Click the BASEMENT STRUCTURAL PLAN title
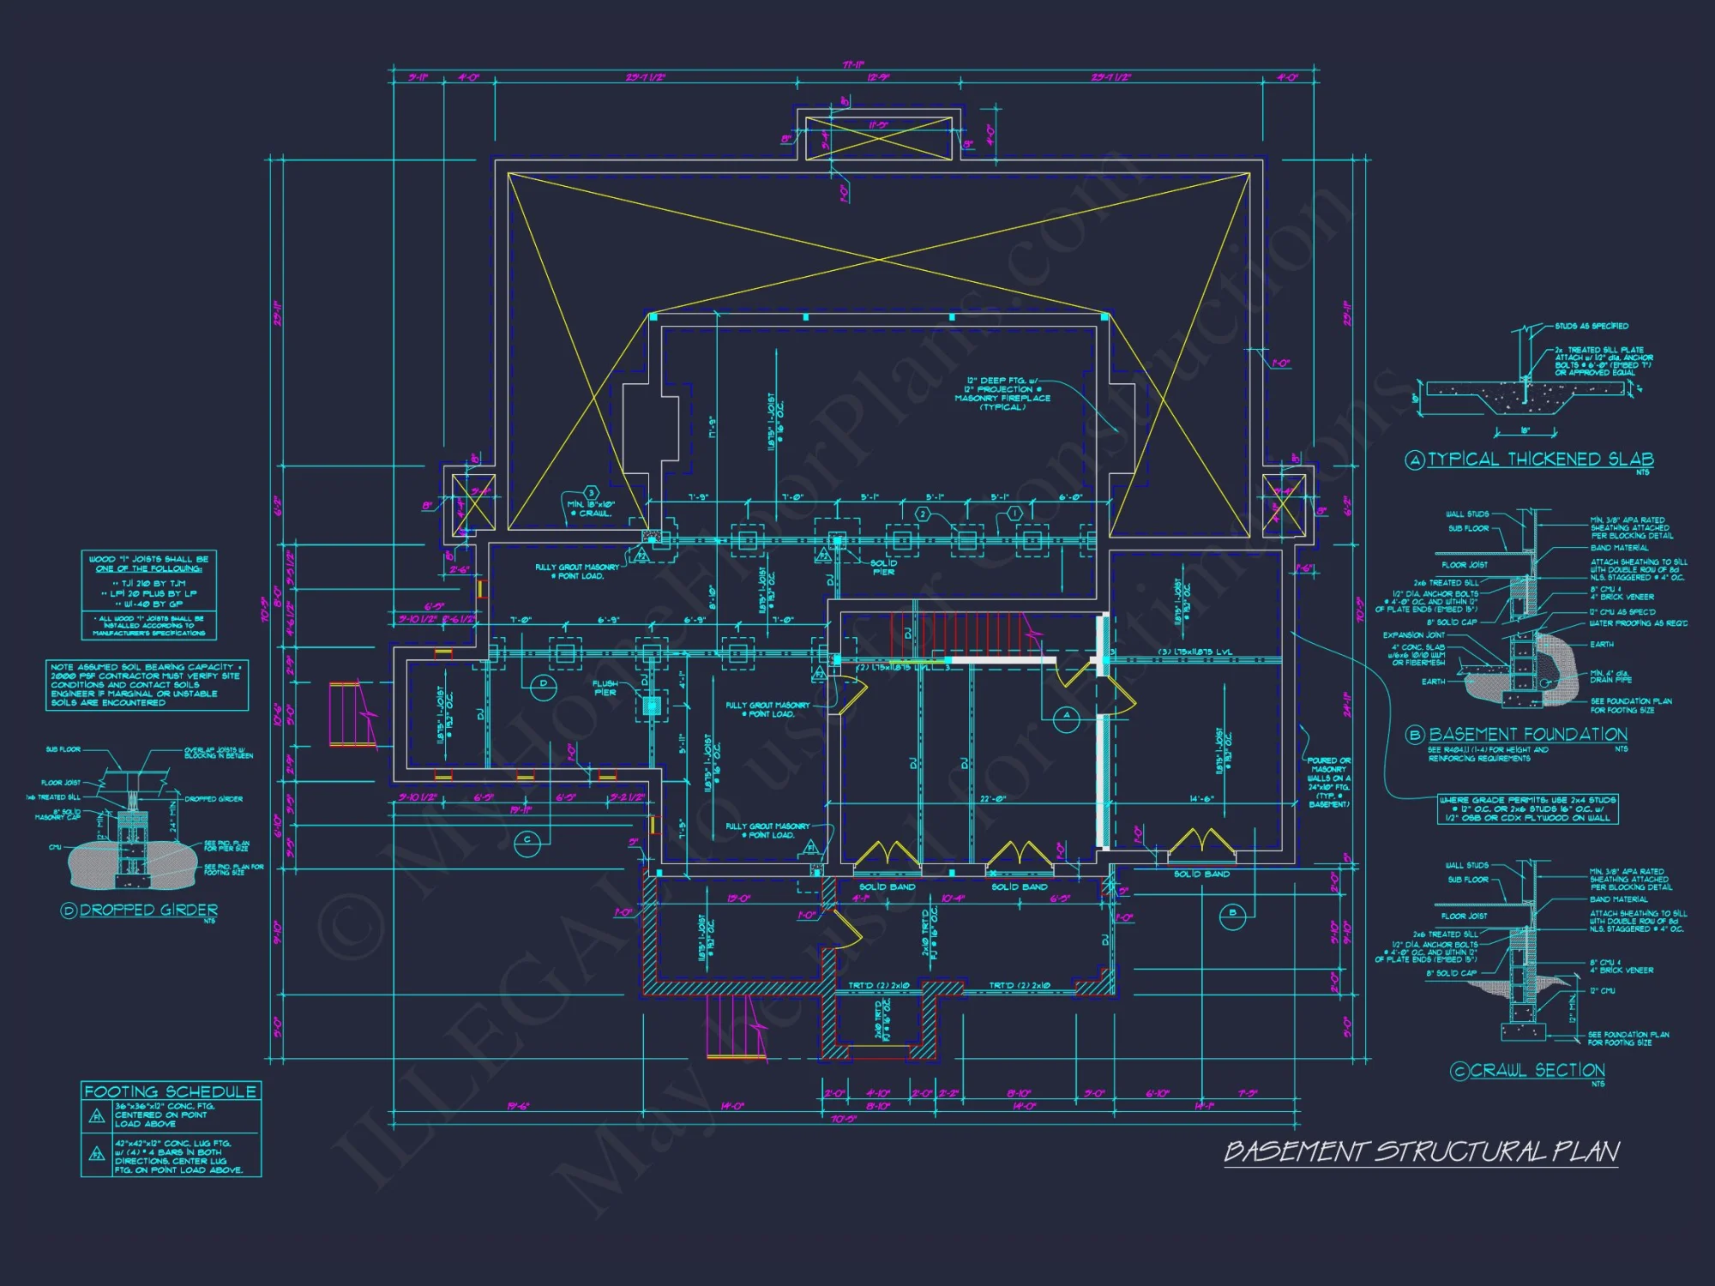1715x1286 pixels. [x=1421, y=1151]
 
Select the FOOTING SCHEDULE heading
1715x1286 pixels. [x=170, y=1091]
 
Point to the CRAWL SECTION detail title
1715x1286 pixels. [x=1537, y=1070]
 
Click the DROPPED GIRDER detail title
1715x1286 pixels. [x=148, y=910]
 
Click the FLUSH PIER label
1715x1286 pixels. [x=605, y=688]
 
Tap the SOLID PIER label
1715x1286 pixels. [x=883, y=568]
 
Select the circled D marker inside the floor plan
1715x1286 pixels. [x=544, y=684]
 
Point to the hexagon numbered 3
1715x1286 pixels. [x=591, y=493]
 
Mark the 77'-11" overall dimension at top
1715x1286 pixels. [x=853, y=65]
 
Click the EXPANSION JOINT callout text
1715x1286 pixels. [x=1413, y=635]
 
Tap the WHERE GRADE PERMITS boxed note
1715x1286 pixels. [x=1527, y=808]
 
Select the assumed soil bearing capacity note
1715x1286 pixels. [x=147, y=684]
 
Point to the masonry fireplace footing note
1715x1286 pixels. [x=1002, y=394]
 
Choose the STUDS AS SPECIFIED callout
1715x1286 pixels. [x=1592, y=326]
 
